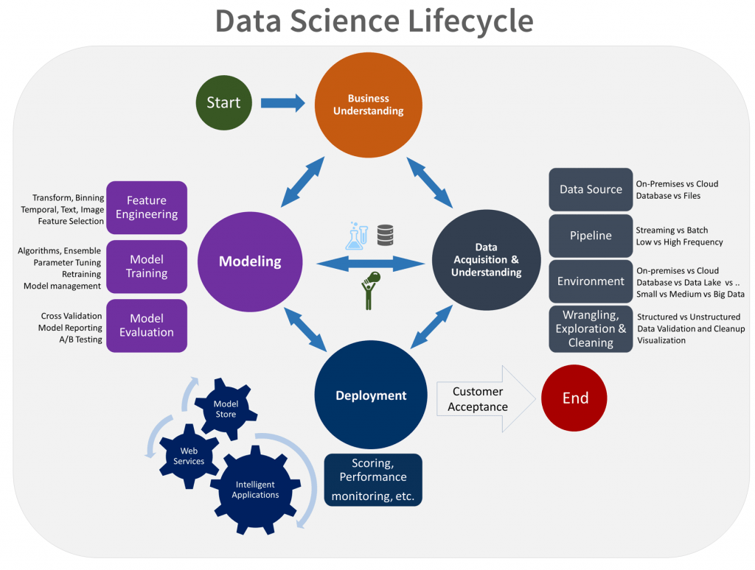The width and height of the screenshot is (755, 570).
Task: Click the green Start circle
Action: pos(223,103)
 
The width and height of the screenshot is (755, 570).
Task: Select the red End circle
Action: pos(575,398)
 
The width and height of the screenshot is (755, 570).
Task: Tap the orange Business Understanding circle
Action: pos(369,105)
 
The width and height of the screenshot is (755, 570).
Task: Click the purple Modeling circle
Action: pos(250,261)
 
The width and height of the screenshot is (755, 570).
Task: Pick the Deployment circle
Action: pos(371,395)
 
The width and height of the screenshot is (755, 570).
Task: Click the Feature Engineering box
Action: pos(147,208)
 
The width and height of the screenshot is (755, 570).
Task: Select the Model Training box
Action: pos(147,267)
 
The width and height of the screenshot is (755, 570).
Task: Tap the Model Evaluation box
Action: pos(147,326)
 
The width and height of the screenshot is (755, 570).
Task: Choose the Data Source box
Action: pos(591,189)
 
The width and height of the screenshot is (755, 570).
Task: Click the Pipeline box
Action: pos(591,236)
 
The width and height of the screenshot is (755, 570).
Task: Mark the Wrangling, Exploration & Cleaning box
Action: pos(591,329)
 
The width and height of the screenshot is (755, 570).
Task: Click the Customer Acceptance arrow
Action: pos(483,399)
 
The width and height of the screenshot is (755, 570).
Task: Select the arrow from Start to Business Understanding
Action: pos(283,103)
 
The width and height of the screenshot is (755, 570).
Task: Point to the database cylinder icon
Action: pos(385,235)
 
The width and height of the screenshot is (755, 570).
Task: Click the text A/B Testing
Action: pos(82,339)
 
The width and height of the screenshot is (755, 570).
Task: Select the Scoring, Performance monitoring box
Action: pos(373,479)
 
